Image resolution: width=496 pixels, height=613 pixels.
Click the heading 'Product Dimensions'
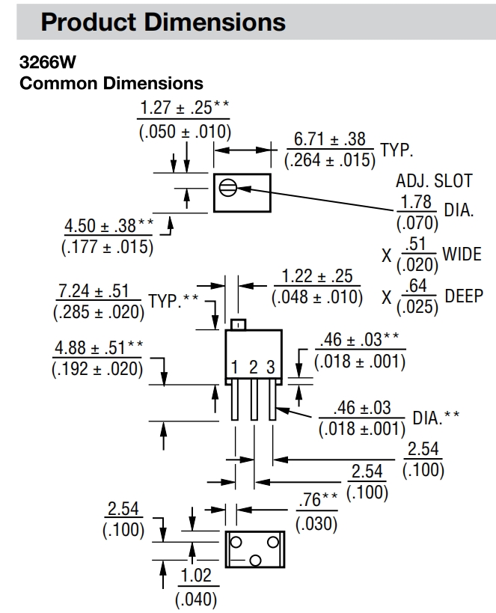click(163, 22)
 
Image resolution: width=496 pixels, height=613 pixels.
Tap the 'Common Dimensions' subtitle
click(111, 82)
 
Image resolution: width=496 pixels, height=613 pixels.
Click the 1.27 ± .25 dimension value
click(180, 108)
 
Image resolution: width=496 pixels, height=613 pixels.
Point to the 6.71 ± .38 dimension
click(329, 139)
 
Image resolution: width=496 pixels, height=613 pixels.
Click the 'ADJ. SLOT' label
click(434, 180)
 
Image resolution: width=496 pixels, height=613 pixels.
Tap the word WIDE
click(462, 254)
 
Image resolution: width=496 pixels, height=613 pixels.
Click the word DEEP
click(464, 295)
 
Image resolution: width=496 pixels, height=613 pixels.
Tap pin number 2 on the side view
click(254, 367)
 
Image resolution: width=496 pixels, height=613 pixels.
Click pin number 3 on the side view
click(271, 367)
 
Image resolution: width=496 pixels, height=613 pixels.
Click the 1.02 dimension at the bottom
click(195, 576)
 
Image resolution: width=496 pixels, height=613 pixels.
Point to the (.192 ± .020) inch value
click(97, 369)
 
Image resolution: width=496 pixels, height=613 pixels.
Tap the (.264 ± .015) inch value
click(329, 160)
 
